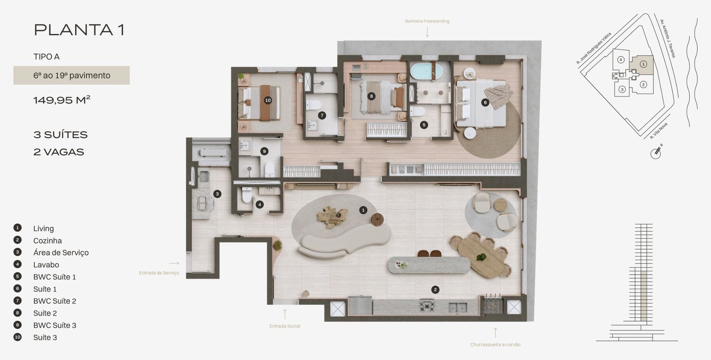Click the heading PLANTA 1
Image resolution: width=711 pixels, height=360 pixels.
pos(79,30)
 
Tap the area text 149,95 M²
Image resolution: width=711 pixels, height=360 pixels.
pos(62,100)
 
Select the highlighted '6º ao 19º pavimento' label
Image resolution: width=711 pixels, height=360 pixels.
pos(72,75)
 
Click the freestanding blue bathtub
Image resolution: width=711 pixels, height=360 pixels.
pos(426,72)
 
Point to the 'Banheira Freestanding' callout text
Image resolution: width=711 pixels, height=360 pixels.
pos(427,21)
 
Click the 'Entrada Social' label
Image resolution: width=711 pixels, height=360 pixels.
pos(285,326)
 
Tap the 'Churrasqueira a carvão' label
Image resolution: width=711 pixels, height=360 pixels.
pos(495,344)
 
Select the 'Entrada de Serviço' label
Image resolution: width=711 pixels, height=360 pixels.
pos(159,273)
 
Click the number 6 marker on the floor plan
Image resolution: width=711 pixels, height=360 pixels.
pos(485,102)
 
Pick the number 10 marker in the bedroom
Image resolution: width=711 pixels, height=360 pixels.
pos(268,100)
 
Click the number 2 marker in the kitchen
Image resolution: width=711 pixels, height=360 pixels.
pos(435,289)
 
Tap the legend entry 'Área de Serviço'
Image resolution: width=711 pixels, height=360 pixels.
pos(61,253)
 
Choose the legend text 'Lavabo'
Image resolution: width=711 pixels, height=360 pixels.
pos(46,265)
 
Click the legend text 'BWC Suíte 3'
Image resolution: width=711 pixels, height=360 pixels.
pos(55,325)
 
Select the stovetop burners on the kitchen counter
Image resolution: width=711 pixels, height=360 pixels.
pos(427,305)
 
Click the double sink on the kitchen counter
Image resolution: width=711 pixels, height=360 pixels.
pos(457,308)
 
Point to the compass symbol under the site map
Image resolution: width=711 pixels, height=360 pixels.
pos(656,152)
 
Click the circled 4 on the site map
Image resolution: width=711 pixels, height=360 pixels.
pos(621,60)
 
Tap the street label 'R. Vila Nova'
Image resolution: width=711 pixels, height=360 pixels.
pos(658,131)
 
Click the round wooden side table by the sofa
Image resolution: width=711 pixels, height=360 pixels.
pos(377,220)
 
